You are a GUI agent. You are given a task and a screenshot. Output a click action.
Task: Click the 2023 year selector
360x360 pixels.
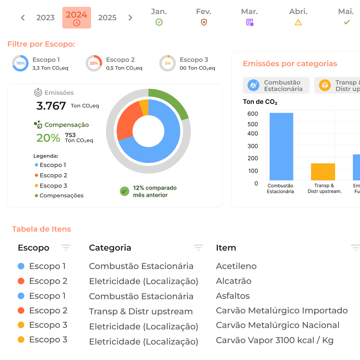point(45,18)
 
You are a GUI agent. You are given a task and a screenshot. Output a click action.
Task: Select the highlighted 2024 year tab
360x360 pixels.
point(77,18)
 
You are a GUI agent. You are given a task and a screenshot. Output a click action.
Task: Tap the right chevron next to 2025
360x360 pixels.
point(130,18)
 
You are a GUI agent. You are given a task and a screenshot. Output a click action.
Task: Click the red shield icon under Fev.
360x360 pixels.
point(204,22)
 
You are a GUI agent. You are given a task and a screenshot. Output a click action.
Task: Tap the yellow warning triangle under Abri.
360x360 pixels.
point(298,22)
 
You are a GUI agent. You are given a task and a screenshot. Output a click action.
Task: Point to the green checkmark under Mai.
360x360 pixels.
point(347,22)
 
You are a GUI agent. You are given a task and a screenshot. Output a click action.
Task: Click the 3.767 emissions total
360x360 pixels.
point(51,106)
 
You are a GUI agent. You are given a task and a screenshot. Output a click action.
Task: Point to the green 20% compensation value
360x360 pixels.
point(48,138)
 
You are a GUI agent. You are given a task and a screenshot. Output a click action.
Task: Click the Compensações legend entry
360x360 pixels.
point(59,195)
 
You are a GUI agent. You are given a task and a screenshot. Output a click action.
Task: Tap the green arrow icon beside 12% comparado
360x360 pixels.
point(125,191)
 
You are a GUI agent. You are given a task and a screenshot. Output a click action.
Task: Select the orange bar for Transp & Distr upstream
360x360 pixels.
point(323,172)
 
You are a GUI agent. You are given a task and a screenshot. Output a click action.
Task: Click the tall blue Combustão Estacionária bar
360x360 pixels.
point(281,147)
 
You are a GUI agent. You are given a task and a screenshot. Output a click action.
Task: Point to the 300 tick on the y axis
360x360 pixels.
point(253,146)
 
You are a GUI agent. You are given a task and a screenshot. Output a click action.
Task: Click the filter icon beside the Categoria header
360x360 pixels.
point(198,248)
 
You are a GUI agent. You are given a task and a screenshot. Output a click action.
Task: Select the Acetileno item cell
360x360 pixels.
point(236,266)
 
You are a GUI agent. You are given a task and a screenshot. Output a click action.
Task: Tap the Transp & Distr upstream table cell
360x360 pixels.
point(141,311)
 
